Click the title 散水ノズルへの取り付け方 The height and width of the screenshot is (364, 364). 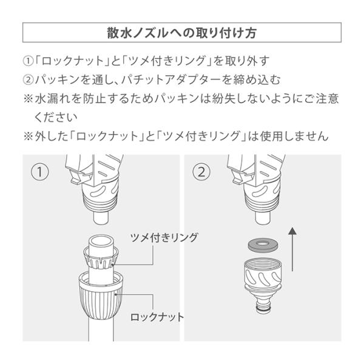(x=182, y=33)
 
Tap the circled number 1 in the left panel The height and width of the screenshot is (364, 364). (x=39, y=172)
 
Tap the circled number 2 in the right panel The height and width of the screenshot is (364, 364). (x=201, y=172)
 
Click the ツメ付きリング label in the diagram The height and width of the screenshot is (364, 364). (x=164, y=238)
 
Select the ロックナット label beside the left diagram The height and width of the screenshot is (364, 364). (x=157, y=317)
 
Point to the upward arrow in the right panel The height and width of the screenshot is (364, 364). (x=292, y=249)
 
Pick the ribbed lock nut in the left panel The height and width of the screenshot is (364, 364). (x=101, y=296)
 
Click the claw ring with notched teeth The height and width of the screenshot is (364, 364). (x=101, y=258)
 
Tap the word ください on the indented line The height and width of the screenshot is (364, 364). (x=56, y=117)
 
